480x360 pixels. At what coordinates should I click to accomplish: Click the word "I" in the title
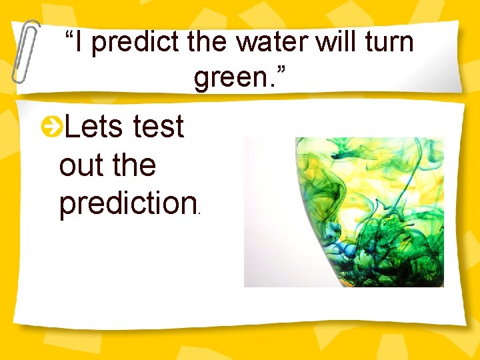[x=79, y=43]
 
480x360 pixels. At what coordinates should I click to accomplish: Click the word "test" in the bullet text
[x=158, y=126]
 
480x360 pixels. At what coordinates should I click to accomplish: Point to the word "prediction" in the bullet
[x=125, y=205]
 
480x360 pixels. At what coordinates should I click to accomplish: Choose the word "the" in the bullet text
[x=134, y=165]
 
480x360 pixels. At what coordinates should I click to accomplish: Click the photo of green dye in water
[x=343, y=212]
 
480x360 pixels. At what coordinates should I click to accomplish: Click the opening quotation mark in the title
[x=69, y=33]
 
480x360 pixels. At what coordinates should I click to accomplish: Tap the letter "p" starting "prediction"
[x=67, y=207]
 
